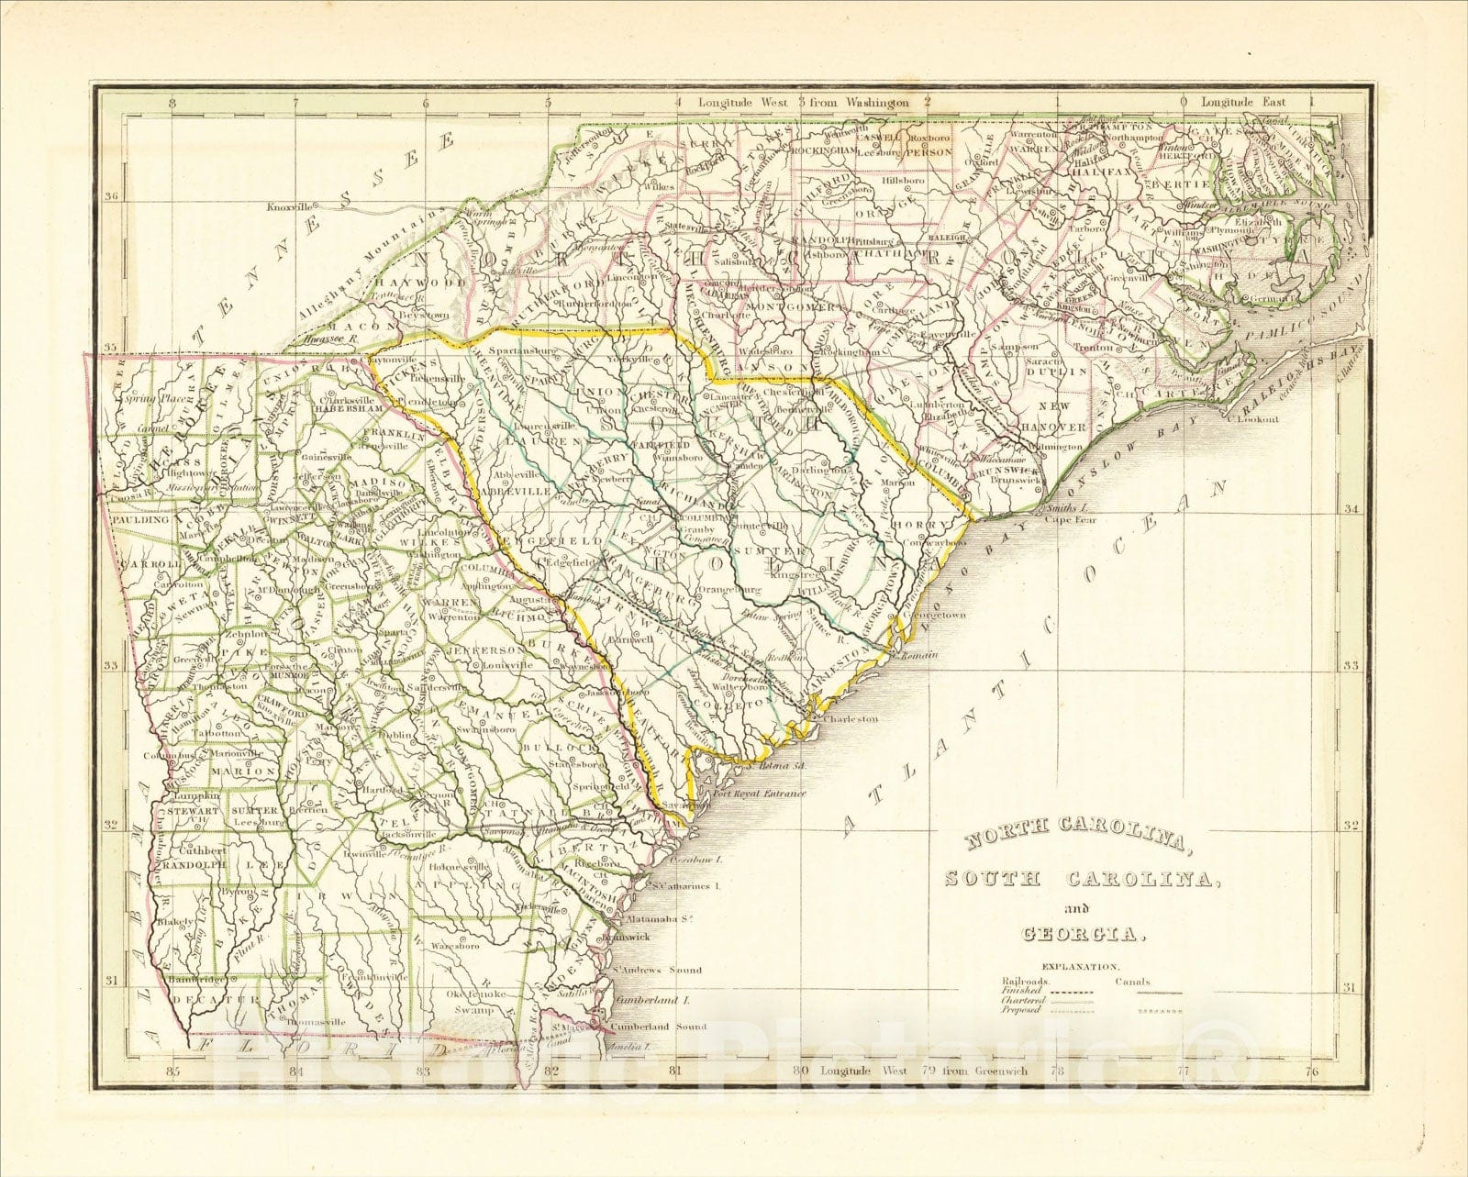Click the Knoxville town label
pyautogui.click(x=289, y=207)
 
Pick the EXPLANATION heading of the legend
pyautogui.click(x=1079, y=967)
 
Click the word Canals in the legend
pyautogui.click(x=1133, y=983)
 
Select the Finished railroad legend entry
pyautogui.click(x=1021, y=992)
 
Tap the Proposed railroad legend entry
pyautogui.click(x=1021, y=1010)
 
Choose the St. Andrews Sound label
pyautogui.click(x=658, y=970)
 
